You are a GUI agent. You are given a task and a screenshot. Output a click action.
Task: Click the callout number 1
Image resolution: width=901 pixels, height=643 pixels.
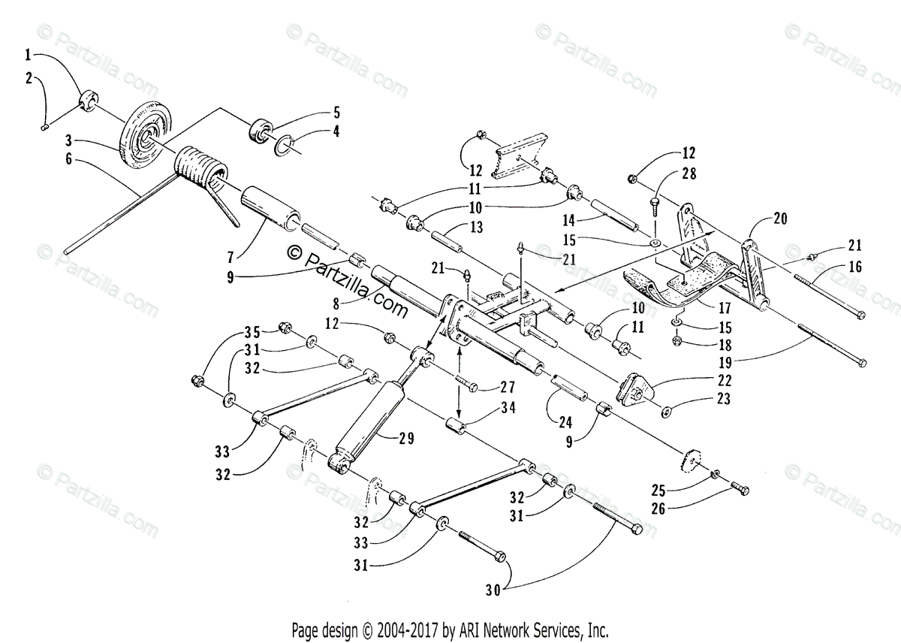pyautogui.click(x=28, y=54)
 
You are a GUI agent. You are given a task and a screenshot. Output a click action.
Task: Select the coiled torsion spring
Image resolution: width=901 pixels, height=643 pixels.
pyautogui.click(x=199, y=174)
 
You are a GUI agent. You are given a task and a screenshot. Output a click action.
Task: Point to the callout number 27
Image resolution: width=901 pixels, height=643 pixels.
pyautogui.click(x=508, y=387)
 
